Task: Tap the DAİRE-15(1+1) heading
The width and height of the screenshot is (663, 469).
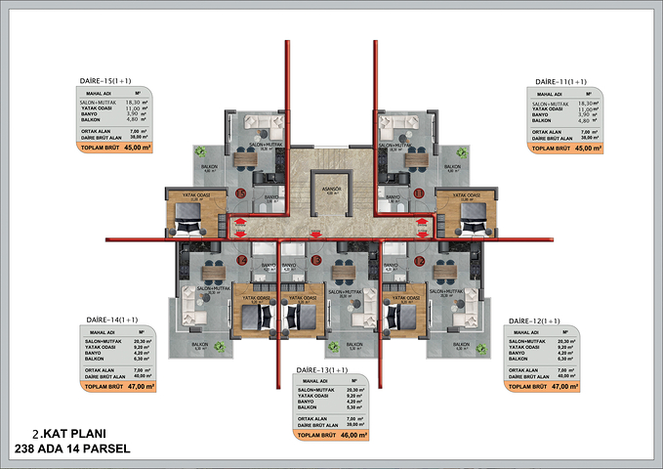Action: pos(108,81)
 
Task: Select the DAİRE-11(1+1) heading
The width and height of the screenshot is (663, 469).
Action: pos(559,81)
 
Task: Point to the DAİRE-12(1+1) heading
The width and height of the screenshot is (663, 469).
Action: pos(533,320)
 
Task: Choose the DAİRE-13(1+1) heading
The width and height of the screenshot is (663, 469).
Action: pos(321,370)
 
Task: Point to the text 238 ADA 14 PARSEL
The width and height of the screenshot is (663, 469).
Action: pos(72,448)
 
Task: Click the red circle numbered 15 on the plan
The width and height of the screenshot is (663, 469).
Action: pos(241,193)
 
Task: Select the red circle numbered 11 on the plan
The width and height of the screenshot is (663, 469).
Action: pos(419,193)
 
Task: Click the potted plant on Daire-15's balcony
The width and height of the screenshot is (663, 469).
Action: pos(201,150)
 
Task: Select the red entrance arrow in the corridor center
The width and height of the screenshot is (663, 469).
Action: pos(315,234)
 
